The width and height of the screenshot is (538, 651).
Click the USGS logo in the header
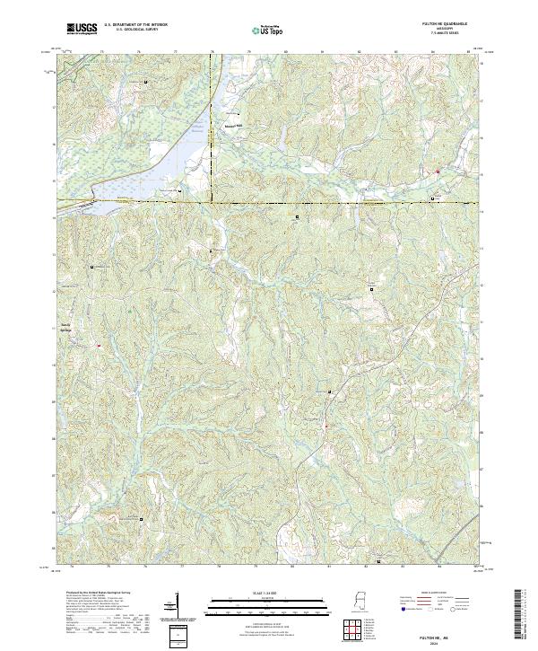point(82,30)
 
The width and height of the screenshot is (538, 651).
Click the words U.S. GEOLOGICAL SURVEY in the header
point(135,28)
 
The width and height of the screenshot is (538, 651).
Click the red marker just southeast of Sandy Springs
point(100,343)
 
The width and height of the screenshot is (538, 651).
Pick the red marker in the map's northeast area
point(438,171)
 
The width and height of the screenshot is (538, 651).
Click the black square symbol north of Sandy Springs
point(91,267)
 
